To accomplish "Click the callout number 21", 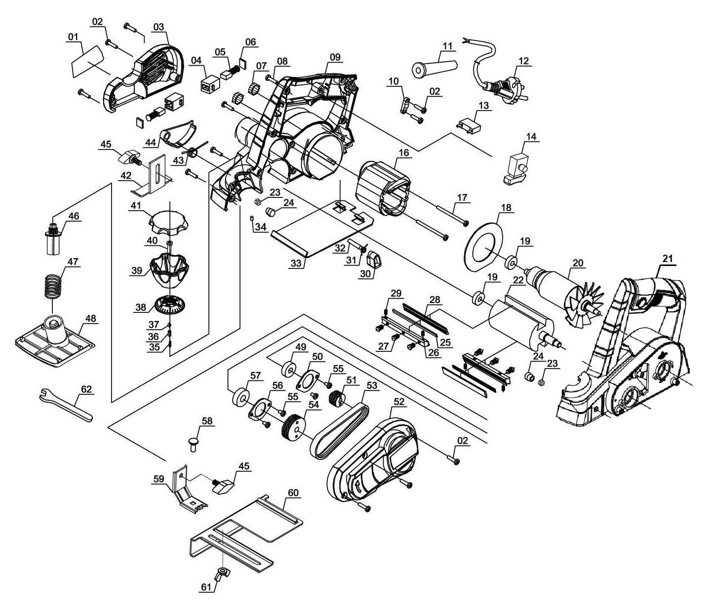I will tap(668, 258).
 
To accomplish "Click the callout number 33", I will tap(296, 264).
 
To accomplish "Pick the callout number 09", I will tap(335, 57).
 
